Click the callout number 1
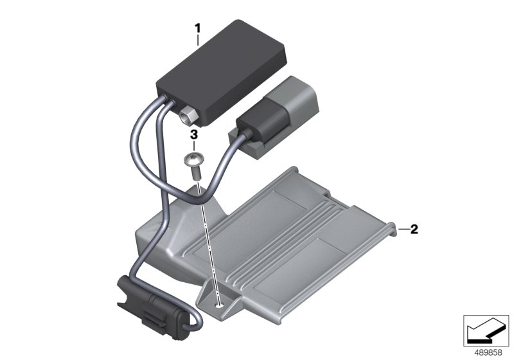point(197,28)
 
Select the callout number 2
point(414,230)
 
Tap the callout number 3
point(194,134)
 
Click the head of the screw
point(194,159)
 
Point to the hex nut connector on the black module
point(188,115)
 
